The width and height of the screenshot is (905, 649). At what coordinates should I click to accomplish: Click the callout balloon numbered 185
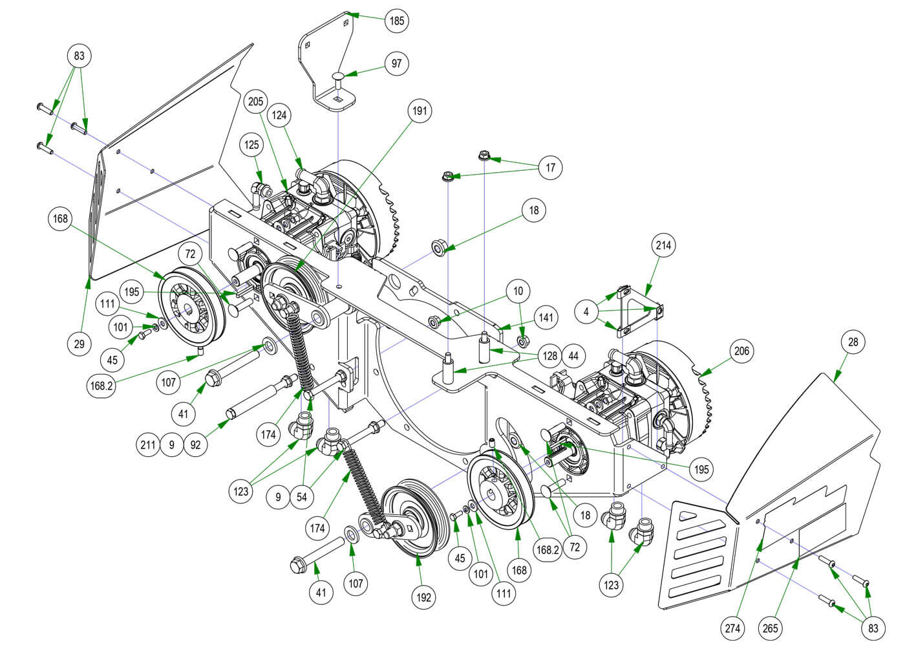coord(396,21)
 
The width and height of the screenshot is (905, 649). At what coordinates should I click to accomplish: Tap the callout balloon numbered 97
coord(396,63)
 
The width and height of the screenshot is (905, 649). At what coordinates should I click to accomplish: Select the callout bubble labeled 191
coord(420,111)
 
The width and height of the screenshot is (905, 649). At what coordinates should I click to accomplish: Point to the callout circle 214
coord(664,245)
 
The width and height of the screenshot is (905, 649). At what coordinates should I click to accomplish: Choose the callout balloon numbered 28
coord(853,342)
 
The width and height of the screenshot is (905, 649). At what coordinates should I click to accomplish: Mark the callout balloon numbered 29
coord(79,344)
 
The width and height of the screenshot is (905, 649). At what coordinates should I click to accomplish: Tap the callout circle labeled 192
coord(423,598)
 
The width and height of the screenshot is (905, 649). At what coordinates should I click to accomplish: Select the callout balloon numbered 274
coord(734,628)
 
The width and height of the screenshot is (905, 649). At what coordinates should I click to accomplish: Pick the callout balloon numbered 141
coord(546,318)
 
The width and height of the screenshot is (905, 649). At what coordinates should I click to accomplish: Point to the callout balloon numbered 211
coord(149,445)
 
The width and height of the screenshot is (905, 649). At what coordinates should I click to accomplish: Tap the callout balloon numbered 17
coord(550,168)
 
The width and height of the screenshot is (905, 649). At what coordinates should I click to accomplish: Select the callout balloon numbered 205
coord(255,102)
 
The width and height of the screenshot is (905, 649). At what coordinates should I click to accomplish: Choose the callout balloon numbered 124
coord(280,115)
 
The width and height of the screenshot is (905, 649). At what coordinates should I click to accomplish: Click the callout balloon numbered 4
coord(586,312)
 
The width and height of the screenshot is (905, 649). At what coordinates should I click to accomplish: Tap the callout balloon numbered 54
coord(302,498)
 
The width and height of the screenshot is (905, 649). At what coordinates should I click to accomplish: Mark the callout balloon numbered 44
coord(573,356)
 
